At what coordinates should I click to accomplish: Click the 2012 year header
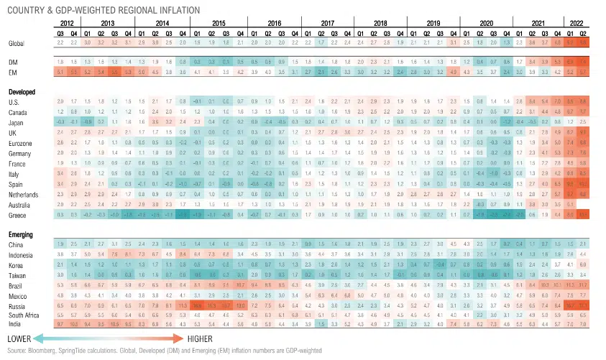(66, 24)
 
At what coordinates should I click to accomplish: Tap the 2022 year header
(577, 24)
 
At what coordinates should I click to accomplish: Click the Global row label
(17, 44)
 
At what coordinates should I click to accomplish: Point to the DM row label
(13, 63)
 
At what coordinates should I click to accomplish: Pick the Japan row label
(17, 122)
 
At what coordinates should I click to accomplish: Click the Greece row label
(18, 214)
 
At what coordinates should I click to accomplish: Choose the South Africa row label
(24, 315)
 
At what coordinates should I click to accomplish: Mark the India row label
(15, 325)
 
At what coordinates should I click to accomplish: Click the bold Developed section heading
(24, 91)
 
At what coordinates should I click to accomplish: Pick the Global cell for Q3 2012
(60, 44)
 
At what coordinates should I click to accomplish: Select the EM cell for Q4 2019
(453, 73)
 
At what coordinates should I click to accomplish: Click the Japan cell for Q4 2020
(508, 122)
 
